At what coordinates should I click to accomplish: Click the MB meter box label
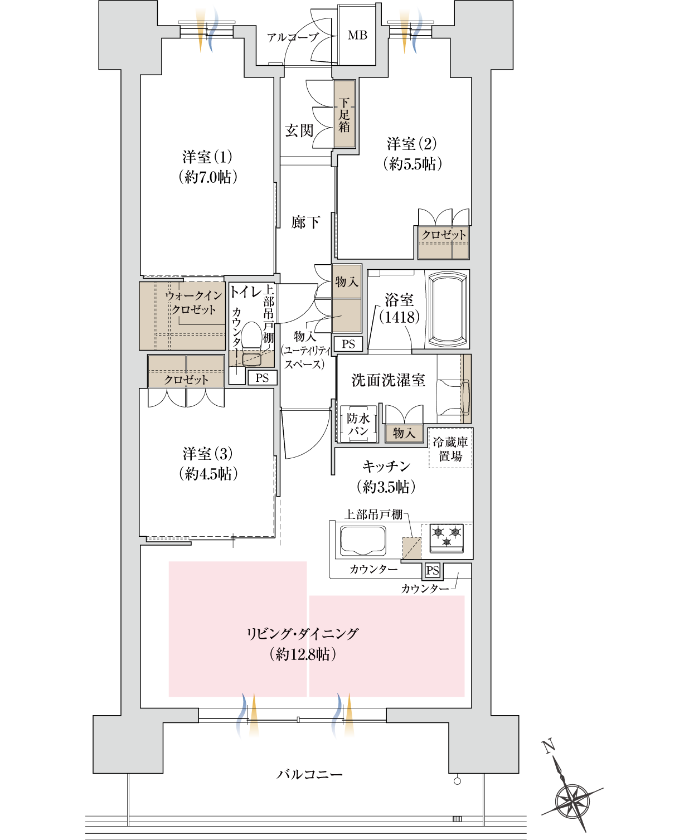(357, 35)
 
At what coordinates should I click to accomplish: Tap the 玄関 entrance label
(299, 131)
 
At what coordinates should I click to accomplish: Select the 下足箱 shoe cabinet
(344, 115)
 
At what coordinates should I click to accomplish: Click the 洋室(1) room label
(207, 157)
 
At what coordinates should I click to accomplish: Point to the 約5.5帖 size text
(413, 164)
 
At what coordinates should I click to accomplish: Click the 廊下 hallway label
(305, 223)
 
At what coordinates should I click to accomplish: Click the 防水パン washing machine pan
(358, 424)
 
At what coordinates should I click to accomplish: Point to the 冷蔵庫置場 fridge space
(450, 449)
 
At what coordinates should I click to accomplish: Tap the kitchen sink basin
(363, 541)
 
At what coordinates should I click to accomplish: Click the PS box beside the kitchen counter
(433, 570)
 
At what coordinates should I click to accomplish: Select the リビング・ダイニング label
(303, 634)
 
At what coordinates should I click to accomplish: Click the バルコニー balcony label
(310, 774)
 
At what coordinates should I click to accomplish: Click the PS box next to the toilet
(262, 378)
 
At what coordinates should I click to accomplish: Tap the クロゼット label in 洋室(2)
(444, 235)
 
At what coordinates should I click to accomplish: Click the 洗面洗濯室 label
(388, 381)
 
